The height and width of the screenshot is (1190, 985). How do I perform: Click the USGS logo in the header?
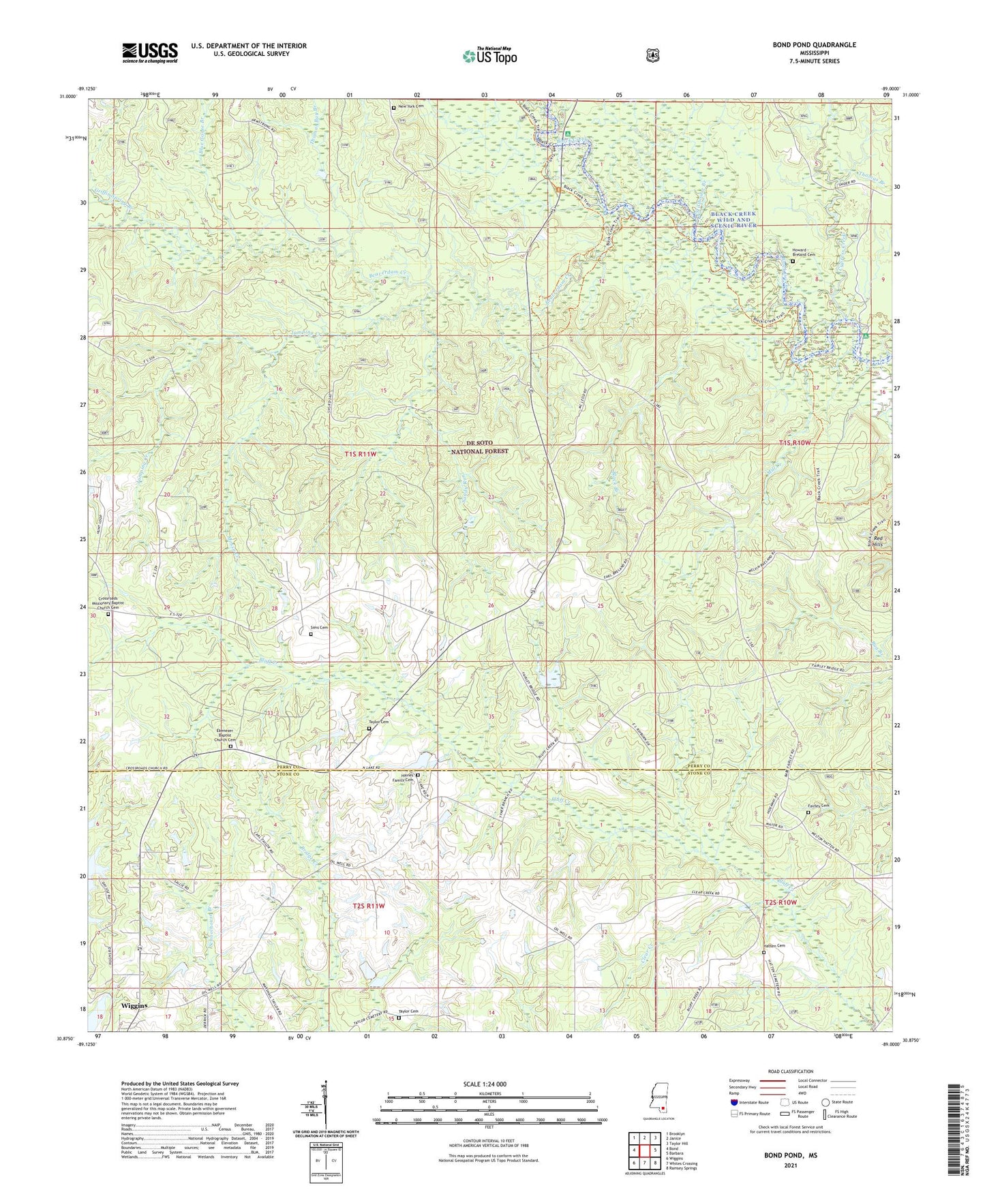(150, 52)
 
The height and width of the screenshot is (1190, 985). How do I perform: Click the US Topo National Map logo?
(489, 55)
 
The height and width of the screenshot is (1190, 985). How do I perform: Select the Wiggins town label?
(134, 1005)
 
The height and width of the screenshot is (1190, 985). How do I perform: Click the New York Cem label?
(411, 107)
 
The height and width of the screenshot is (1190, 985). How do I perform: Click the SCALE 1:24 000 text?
(485, 1084)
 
